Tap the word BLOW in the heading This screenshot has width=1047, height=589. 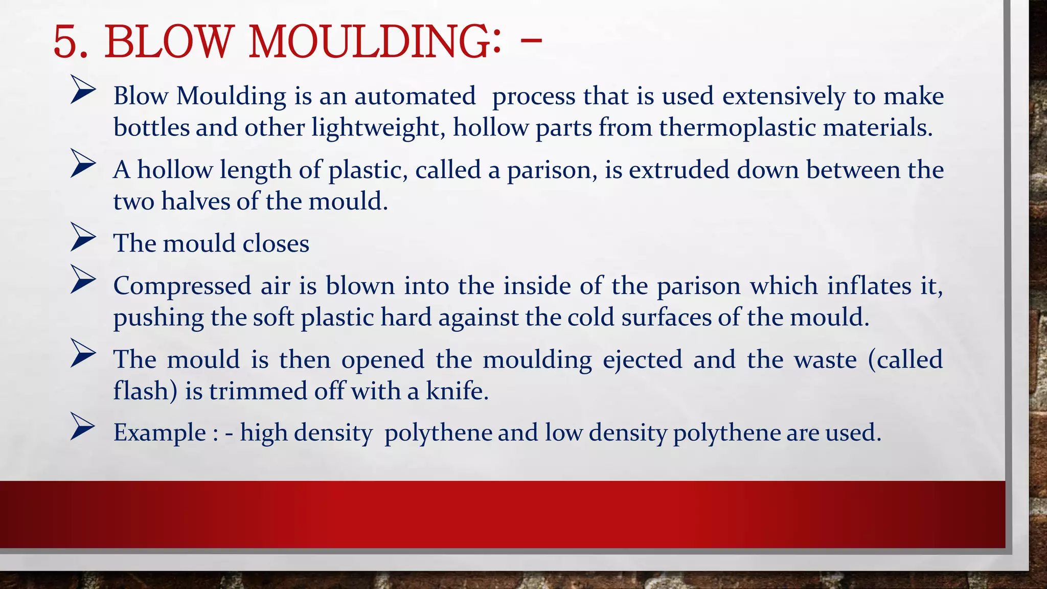click(x=169, y=42)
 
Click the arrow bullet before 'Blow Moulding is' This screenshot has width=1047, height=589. click(x=83, y=90)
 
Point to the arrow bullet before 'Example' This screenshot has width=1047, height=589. click(x=83, y=426)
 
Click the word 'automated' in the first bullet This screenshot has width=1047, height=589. click(x=415, y=96)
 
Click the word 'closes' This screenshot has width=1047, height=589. click(x=276, y=243)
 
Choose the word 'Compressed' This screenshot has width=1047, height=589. click(x=182, y=286)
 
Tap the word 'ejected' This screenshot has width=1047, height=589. click(x=643, y=359)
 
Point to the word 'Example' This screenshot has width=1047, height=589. click(x=160, y=433)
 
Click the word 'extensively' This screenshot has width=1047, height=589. click(x=784, y=96)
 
